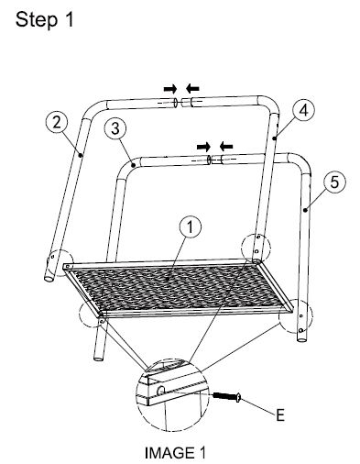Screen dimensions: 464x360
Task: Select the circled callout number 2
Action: click(x=57, y=121)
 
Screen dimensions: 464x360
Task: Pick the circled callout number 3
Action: click(x=114, y=127)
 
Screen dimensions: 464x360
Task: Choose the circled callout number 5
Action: click(x=335, y=182)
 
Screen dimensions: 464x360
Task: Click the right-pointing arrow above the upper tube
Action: click(x=169, y=88)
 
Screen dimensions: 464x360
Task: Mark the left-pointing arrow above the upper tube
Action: click(x=192, y=88)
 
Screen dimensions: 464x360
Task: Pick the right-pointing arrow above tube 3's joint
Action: click(x=203, y=146)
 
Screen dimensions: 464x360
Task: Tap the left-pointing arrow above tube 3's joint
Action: click(x=225, y=146)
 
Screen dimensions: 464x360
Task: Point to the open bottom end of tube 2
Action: click(x=49, y=274)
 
